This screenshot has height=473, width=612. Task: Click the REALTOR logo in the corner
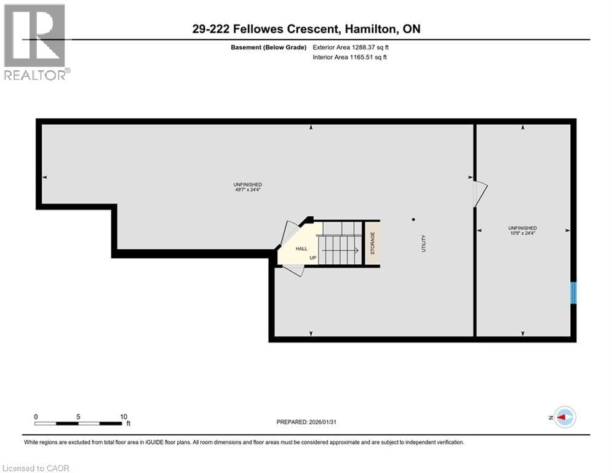35,42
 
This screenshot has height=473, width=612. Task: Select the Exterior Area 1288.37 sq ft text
350,47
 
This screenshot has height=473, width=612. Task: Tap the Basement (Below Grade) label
272,47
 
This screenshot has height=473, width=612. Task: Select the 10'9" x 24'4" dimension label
522,233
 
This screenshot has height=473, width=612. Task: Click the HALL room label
301,248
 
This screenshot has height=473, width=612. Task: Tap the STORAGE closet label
372,243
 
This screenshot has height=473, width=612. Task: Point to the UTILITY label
423,243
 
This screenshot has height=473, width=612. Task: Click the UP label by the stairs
312,258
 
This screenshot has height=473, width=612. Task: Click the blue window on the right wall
573,293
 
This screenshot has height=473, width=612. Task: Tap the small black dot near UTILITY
413,219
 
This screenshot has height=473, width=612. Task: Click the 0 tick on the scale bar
36,416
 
